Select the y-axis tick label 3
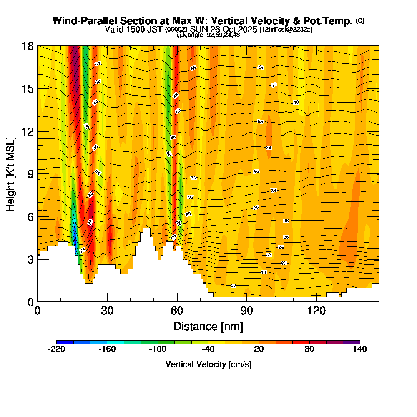pyautogui.click(x=30, y=259)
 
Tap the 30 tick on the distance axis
pyautogui.click(x=107, y=311)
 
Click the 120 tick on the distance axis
pyautogui.click(x=317, y=311)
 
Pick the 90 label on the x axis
pyautogui.click(x=247, y=311)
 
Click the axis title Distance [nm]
pyautogui.click(x=208, y=326)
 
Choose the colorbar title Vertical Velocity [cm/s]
pyautogui.click(x=208, y=364)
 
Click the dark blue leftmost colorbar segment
pyautogui.click(x=65, y=342)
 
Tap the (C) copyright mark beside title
pyautogui.click(x=360, y=21)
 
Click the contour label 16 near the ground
pyautogui.click(x=234, y=285)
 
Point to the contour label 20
pyautogui.click(x=284, y=263)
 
